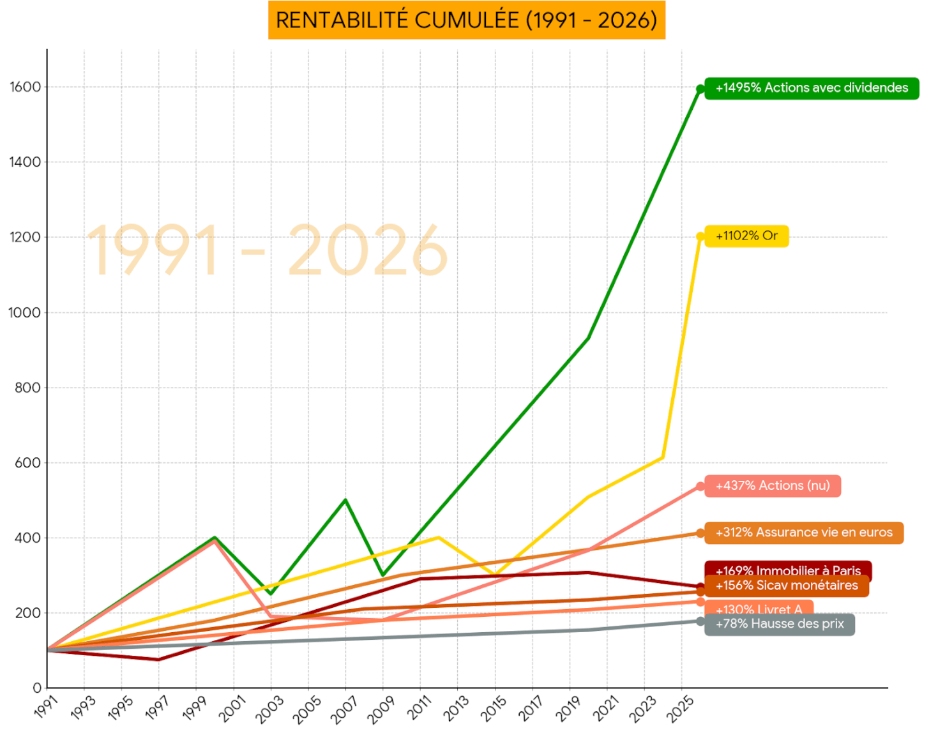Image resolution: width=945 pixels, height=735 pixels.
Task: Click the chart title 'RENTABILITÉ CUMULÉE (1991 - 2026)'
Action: pos(466,20)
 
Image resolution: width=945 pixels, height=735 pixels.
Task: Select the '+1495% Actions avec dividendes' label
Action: pos(812,88)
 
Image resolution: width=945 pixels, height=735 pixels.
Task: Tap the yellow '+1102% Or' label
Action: pos(746,236)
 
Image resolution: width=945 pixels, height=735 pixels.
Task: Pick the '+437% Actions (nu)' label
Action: pos(773,486)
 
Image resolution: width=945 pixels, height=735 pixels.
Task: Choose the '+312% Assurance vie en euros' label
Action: pos(804,533)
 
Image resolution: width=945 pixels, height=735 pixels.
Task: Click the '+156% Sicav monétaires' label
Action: pos(787,586)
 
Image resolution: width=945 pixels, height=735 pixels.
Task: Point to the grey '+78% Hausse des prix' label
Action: pos(780,624)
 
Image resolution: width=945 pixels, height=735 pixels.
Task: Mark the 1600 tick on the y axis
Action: pos(25,87)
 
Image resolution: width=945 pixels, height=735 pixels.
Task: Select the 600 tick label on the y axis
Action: pos(28,463)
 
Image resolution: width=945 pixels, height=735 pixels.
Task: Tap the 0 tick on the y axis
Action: pos(37,688)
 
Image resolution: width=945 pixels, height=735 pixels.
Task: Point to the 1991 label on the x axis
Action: pos(46,708)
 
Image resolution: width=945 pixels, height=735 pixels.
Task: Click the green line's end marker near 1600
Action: pos(700,89)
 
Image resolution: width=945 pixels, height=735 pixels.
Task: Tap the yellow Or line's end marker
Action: pos(700,237)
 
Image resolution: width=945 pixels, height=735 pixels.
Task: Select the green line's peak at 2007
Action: pos(345,500)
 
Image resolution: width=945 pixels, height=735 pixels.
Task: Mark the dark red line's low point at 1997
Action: pos(158,659)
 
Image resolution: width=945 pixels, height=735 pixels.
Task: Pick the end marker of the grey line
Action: pos(700,621)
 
